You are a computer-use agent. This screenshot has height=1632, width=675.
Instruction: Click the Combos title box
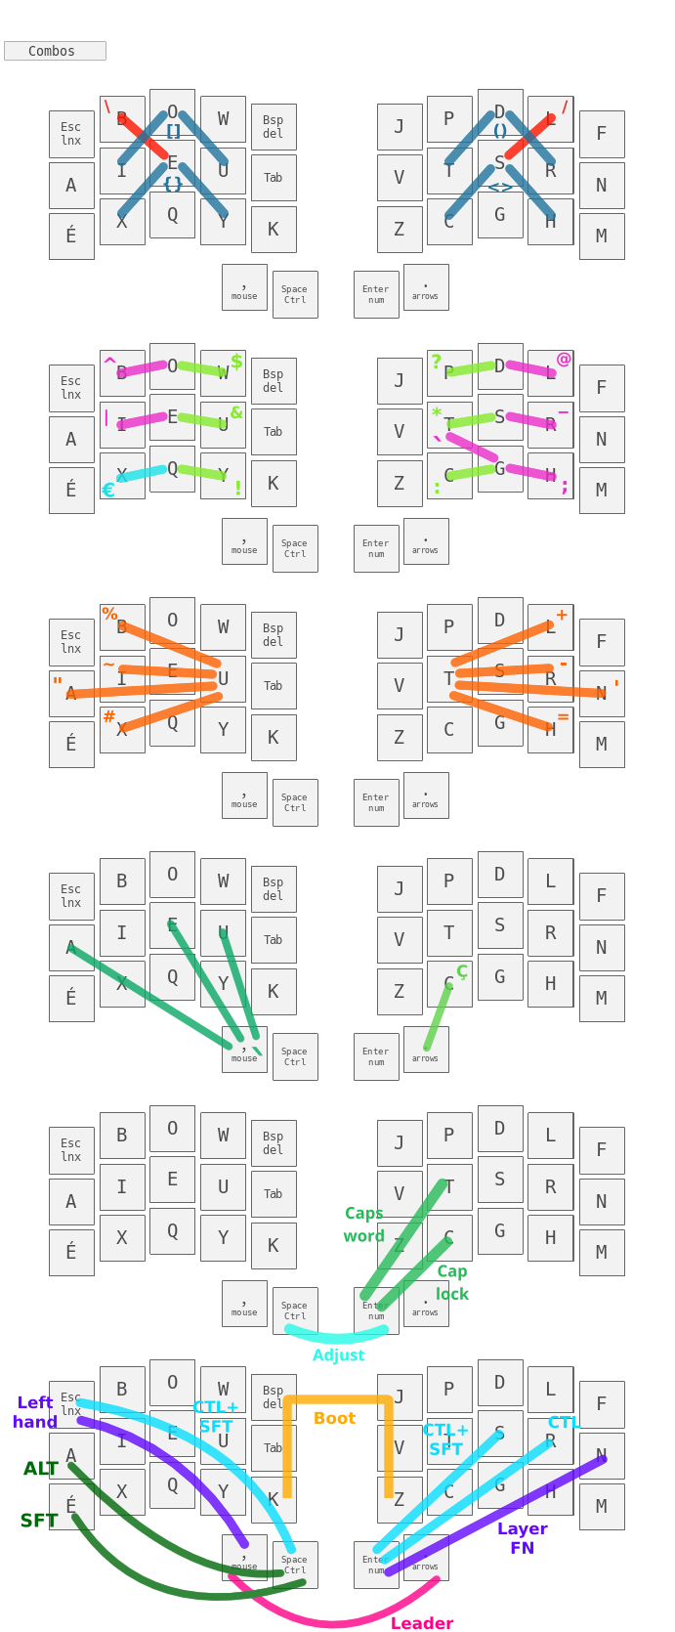[55, 51]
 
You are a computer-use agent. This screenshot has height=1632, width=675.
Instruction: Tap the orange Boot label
[334, 1418]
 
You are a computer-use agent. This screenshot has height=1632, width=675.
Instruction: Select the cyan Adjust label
[338, 1355]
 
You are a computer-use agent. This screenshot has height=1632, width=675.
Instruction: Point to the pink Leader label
[422, 1623]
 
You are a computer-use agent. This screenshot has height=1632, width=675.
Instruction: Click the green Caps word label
[363, 1224]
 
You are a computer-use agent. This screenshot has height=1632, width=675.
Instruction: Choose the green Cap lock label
[451, 1282]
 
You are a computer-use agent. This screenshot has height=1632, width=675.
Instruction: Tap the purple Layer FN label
[522, 1537]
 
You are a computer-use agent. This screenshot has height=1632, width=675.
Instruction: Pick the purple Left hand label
[34, 1412]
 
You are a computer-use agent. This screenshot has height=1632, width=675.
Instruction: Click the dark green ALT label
[41, 1469]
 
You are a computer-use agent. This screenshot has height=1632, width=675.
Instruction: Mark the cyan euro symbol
[108, 491]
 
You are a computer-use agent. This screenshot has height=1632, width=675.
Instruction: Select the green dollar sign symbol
[236, 362]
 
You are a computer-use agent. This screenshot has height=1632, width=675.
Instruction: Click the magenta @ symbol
[564, 360]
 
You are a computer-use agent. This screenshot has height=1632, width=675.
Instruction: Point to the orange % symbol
[109, 614]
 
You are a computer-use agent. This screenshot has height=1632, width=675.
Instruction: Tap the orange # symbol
[109, 717]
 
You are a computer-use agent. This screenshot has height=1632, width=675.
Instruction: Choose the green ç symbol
[462, 971]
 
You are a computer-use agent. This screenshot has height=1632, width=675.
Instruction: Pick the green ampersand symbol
[236, 412]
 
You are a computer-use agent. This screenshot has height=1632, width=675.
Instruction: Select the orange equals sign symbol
[563, 717]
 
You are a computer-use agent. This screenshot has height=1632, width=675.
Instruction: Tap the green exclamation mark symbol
[237, 488]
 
